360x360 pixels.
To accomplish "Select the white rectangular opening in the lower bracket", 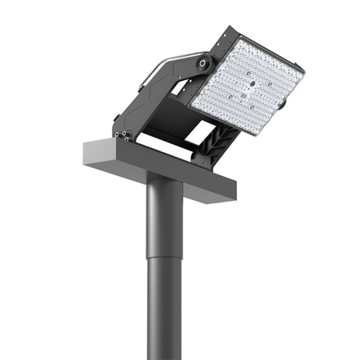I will tap(201, 131).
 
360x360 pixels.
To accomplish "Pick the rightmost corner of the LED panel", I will tap(305, 72).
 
